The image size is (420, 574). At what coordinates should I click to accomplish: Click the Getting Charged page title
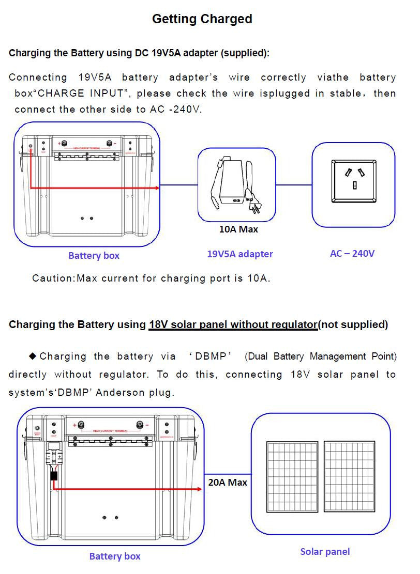[x=202, y=19]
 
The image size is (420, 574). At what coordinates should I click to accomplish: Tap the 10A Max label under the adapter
[x=238, y=229]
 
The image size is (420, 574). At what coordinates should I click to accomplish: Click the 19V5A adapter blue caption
[x=240, y=254]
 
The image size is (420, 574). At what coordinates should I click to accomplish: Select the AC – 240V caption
[x=352, y=254]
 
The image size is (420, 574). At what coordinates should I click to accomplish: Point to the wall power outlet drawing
[x=354, y=181]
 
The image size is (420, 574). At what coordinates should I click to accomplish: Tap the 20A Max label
[x=228, y=482]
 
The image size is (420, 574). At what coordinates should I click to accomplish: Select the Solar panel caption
[x=325, y=552]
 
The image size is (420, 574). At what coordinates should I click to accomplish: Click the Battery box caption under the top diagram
[x=94, y=256]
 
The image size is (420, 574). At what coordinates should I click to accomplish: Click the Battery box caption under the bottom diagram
[x=114, y=556]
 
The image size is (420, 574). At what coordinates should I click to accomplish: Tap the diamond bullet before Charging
[x=33, y=356]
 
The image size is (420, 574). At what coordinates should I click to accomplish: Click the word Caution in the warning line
[x=53, y=278]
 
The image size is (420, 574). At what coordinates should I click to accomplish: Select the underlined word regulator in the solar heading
[x=292, y=325]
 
